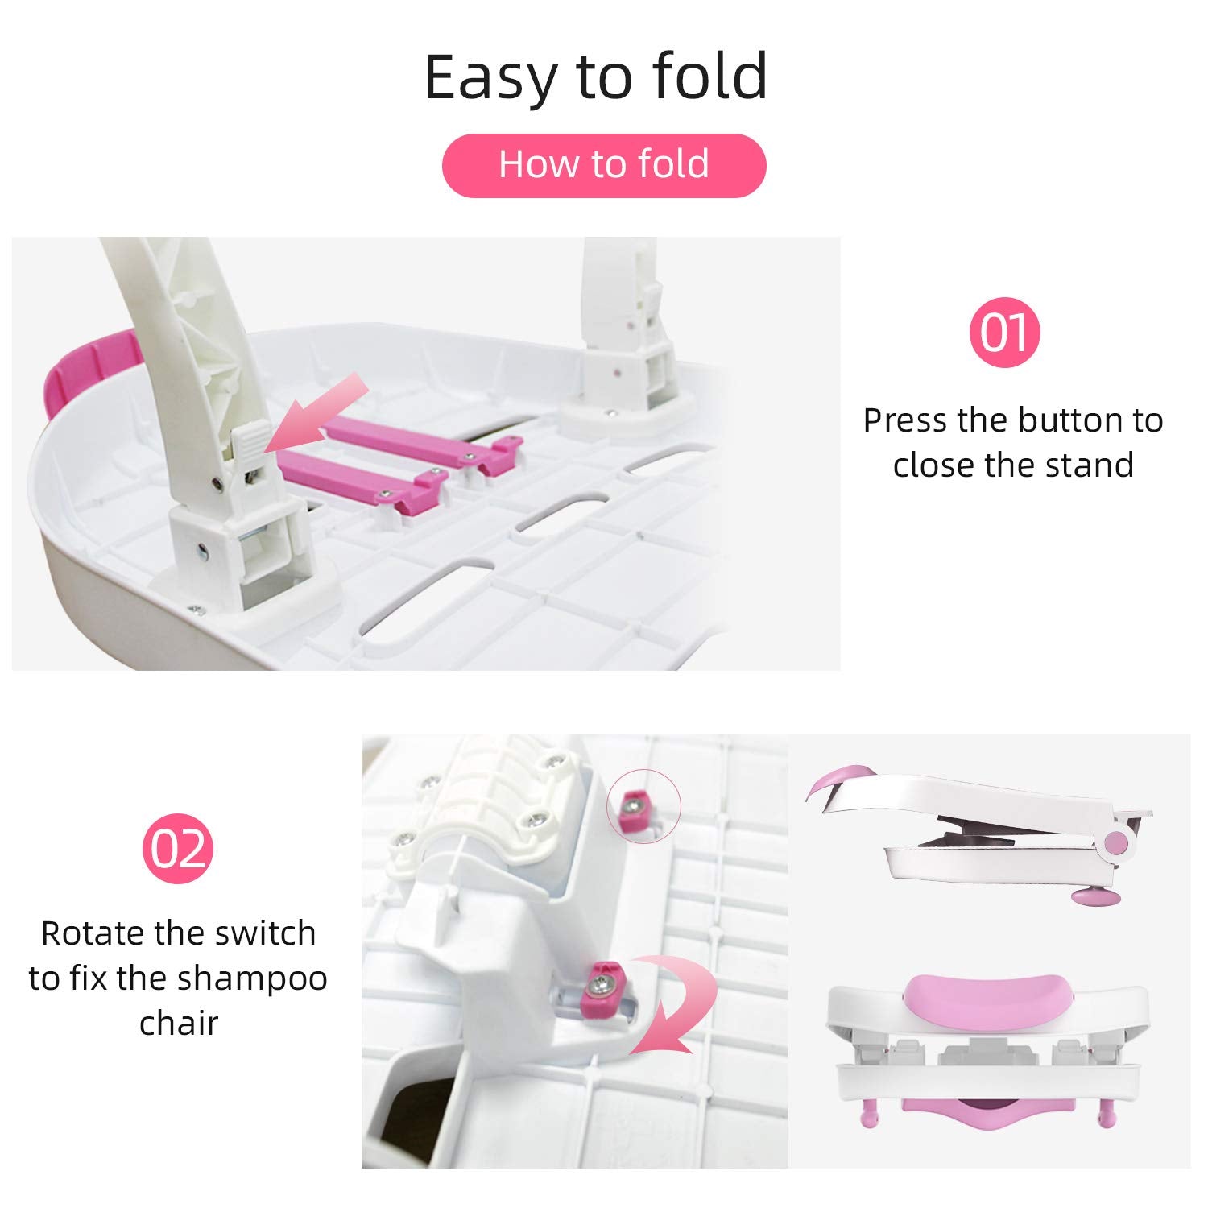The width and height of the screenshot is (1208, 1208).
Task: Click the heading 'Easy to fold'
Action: click(596, 77)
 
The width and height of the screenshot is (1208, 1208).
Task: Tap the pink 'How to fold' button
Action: click(604, 165)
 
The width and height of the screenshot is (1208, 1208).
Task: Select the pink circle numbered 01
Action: click(1004, 332)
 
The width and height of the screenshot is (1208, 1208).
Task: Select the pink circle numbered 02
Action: click(178, 848)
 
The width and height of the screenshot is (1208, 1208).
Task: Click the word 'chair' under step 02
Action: click(179, 1024)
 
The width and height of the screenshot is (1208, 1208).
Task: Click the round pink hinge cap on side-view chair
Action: click(1116, 842)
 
